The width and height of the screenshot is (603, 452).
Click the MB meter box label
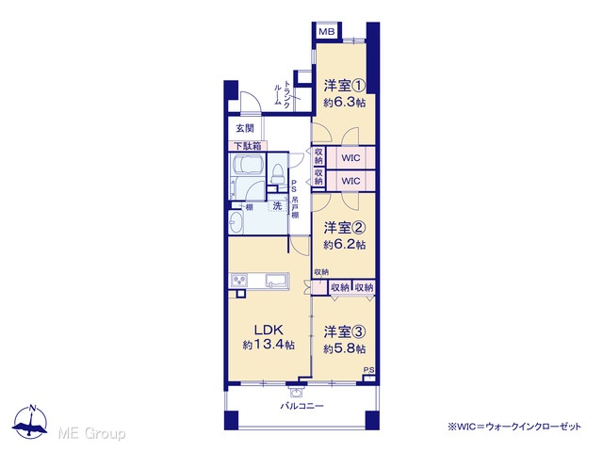point(327,31)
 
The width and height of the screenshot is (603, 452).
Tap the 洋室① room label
point(344,85)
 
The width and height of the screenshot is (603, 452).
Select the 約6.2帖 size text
point(344,245)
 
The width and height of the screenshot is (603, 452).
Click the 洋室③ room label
point(344,331)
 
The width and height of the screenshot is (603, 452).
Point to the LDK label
point(269,330)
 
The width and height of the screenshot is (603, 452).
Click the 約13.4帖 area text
point(269,345)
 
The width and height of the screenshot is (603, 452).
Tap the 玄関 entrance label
point(245,128)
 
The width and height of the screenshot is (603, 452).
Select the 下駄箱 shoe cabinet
point(248,146)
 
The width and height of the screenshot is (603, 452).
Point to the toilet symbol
point(277,173)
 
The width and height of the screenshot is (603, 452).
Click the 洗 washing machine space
point(277,206)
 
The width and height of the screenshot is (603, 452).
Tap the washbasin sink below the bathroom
point(236,222)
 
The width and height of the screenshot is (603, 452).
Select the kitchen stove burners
point(239,280)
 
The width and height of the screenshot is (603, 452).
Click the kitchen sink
point(276,281)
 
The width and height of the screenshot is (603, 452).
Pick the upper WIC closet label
point(350,157)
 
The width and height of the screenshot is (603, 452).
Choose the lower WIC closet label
point(350,181)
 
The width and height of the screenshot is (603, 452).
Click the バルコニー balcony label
point(301,406)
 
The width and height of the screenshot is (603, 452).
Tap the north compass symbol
point(30,421)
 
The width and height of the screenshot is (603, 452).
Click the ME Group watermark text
point(91,433)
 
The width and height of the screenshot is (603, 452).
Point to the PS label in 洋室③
point(368,370)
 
